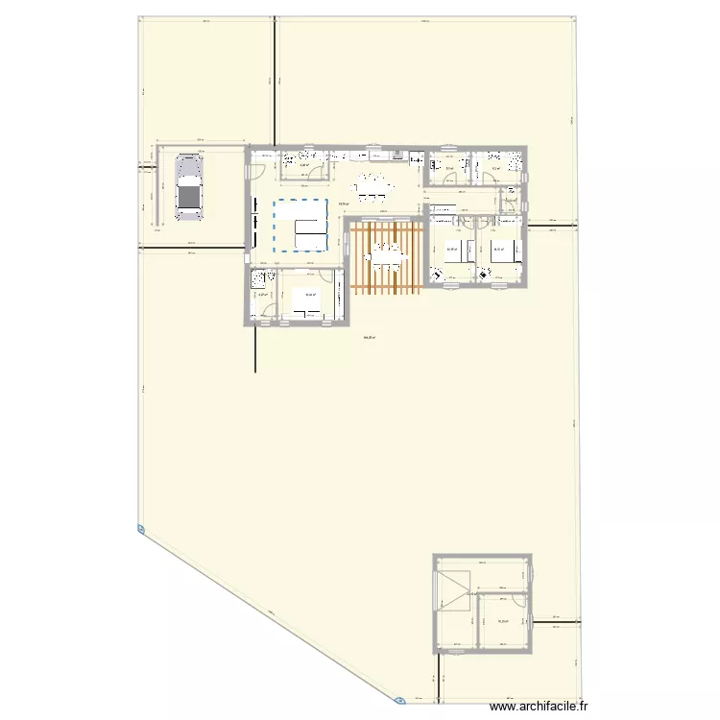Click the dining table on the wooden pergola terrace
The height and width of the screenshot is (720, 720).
(387, 254)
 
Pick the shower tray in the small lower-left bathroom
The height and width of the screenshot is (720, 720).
(258, 280)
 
